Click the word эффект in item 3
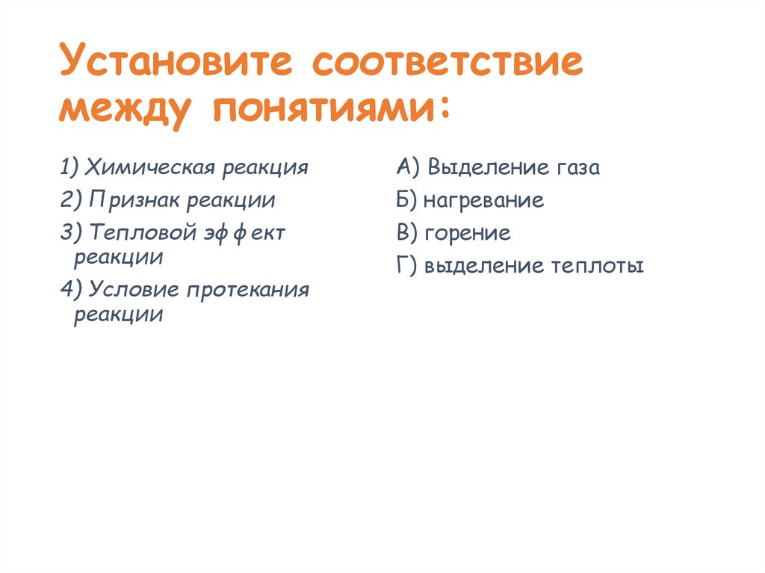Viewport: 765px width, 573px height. [x=241, y=233]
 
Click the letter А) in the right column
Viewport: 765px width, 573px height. [x=409, y=167]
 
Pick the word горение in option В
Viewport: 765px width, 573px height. [x=468, y=233]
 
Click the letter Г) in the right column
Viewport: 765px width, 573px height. [x=408, y=266]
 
